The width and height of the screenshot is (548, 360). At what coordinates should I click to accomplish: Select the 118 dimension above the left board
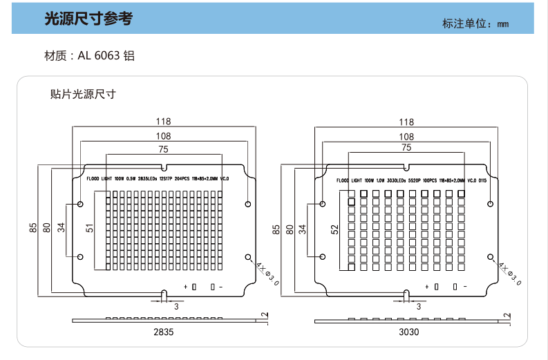click(164, 122)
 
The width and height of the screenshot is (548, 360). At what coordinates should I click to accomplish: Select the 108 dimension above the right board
click(406, 137)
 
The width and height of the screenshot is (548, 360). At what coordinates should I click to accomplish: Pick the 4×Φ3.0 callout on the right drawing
click(508, 273)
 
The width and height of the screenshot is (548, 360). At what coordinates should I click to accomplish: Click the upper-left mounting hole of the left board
click(81, 205)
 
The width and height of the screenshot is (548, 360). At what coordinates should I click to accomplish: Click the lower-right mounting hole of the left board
click(248, 257)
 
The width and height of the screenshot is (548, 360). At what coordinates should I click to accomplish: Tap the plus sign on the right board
click(427, 286)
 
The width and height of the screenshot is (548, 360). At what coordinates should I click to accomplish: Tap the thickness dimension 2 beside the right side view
click(508, 316)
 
